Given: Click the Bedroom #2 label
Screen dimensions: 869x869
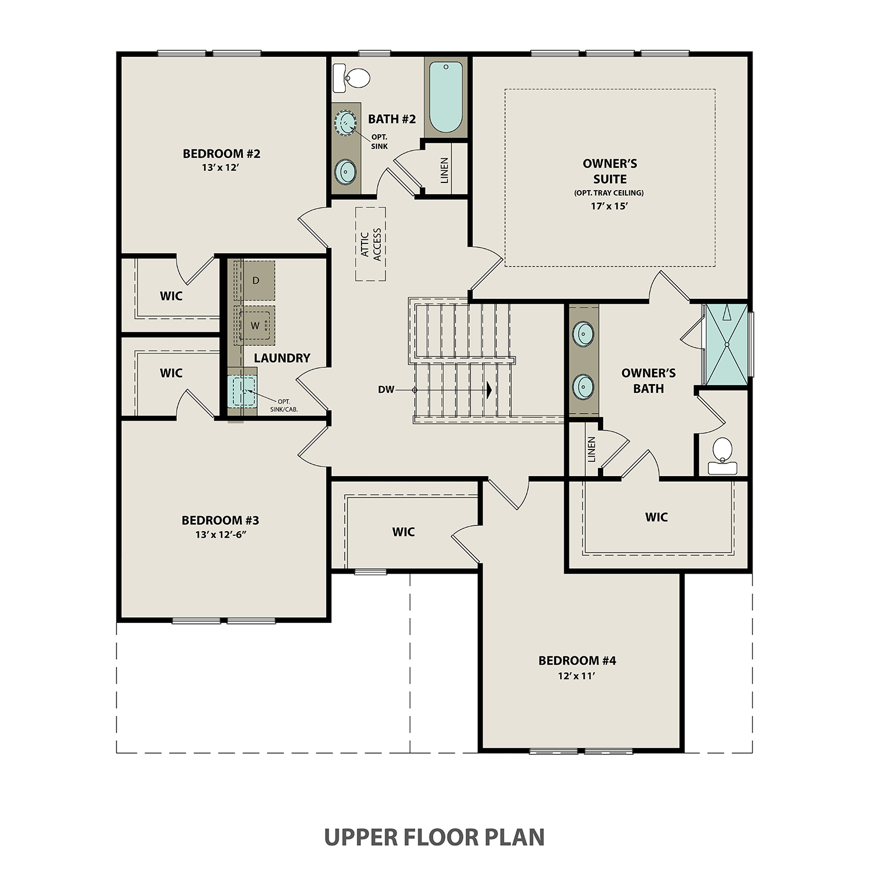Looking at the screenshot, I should pos(221,154).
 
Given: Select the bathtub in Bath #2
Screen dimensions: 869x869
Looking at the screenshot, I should pos(446,97).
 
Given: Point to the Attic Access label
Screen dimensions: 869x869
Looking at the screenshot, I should pos(371,244).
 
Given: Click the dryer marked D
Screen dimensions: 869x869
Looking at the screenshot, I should pos(255,281).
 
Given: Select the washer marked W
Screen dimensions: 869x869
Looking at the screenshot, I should pos(255,326).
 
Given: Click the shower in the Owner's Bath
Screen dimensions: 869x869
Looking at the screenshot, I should pos(726,344).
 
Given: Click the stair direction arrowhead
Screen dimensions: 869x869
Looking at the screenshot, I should pos(490,390).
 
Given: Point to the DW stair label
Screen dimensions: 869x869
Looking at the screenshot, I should pos(386,390).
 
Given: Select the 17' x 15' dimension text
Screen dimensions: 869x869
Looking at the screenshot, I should pos(609,206).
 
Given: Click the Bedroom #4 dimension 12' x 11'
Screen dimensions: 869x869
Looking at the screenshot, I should pos(576,676).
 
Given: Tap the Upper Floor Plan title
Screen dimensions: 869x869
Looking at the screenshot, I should pos(434,837).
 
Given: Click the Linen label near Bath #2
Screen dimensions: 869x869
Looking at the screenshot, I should pos(444,170).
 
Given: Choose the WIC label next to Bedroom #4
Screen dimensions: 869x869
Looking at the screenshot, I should pos(403,532).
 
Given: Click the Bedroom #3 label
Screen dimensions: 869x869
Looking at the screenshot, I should pos(220,520).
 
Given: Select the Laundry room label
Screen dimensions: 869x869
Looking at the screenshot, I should pos(282,358).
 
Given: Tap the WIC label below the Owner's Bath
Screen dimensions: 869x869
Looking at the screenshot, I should pos(656,517).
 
